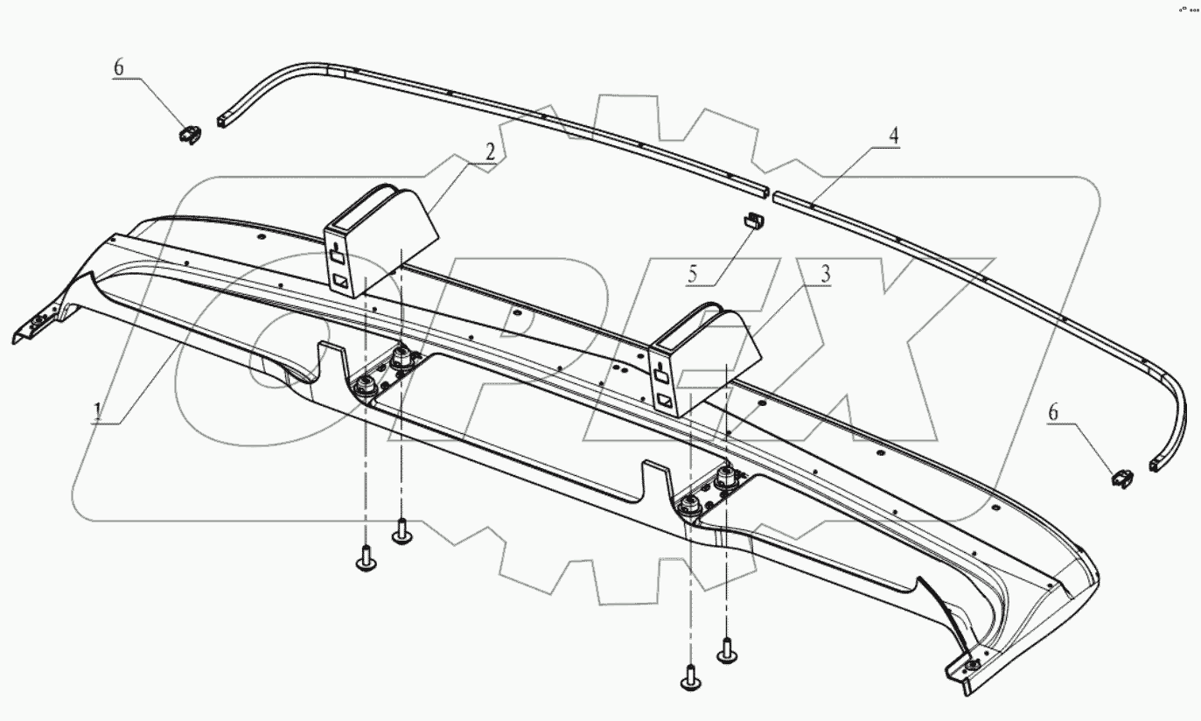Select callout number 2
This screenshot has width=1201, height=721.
coord(491,151)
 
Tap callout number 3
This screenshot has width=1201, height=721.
coord(824,274)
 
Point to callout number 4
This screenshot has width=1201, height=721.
coord(893,136)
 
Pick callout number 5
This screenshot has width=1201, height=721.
coord(692,275)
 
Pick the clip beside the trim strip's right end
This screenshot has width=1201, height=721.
coord(1122,477)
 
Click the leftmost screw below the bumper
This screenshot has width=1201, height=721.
coord(367,558)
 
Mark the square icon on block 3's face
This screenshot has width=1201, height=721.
coord(667,401)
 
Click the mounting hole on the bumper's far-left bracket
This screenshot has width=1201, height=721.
coord(39,325)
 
